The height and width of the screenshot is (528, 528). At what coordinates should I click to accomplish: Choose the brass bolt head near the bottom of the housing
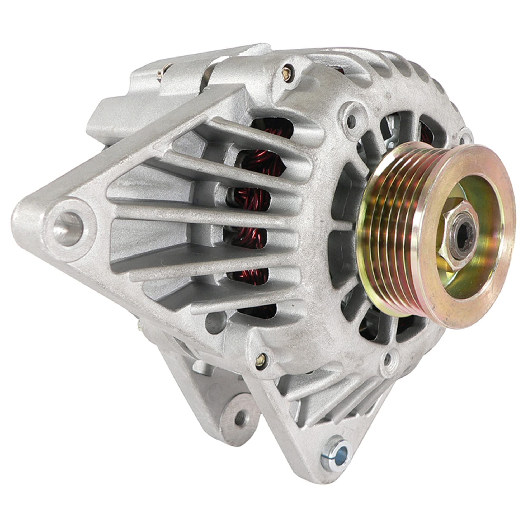coord(260,359)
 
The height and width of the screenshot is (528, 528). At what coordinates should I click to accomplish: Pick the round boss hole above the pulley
coord(352,119)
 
